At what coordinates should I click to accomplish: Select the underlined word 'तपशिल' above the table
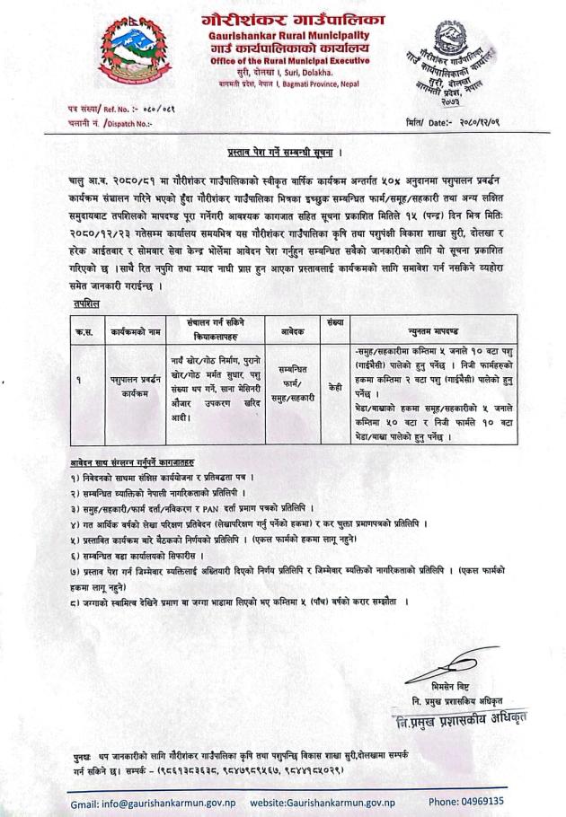pos(87,304)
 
